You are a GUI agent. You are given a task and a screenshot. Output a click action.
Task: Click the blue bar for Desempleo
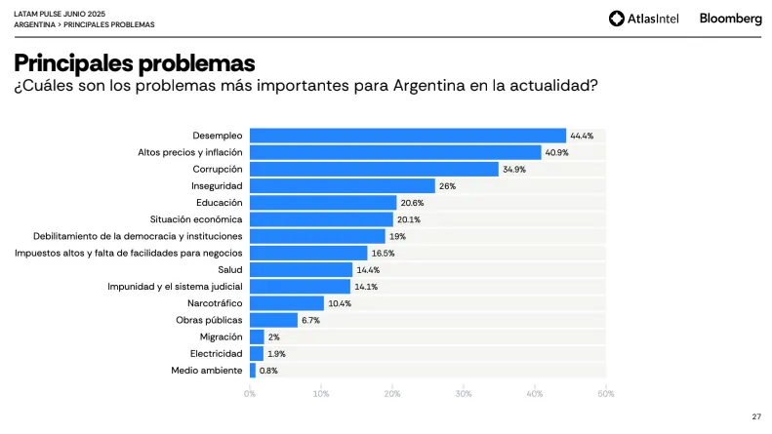[408, 136]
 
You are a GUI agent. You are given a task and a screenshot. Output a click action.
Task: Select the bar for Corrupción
[374, 169]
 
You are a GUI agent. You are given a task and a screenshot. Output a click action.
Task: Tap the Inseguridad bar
[342, 185]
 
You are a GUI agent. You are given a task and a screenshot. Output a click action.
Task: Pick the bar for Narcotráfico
[286, 303]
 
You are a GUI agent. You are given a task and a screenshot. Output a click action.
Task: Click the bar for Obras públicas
[273, 320]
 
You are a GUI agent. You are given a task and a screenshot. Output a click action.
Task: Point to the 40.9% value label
[556, 152]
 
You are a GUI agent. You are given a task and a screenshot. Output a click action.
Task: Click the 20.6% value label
[412, 203]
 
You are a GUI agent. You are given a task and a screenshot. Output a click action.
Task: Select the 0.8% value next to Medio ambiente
[268, 371]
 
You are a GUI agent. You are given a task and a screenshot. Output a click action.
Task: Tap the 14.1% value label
[366, 287]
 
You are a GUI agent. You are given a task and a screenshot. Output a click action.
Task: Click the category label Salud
[229, 270]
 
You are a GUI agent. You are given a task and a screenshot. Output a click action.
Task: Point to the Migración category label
[221, 336]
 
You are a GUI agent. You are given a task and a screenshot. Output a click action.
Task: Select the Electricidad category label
[217, 353]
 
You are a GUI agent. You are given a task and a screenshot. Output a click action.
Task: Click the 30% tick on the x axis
[464, 393]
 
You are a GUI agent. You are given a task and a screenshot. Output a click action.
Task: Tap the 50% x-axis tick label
[605, 393]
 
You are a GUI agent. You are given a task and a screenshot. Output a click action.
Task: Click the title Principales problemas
[135, 63]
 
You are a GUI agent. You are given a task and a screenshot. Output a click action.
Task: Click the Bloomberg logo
[731, 18]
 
